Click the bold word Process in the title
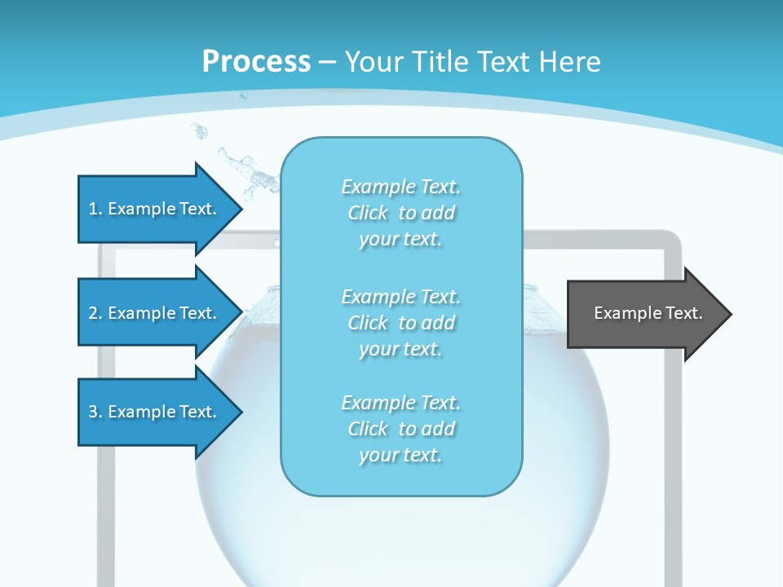click(256, 61)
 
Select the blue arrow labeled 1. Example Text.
click(155, 209)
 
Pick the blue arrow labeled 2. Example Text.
click(155, 313)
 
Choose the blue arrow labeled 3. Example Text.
click(155, 412)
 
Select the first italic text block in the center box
click(400, 213)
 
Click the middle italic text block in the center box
click(400, 323)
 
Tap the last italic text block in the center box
click(400, 429)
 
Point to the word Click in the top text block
click(368, 213)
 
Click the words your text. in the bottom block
click(400, 455)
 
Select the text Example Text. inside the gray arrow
click(648, 313)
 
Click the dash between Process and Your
click(328, 62)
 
